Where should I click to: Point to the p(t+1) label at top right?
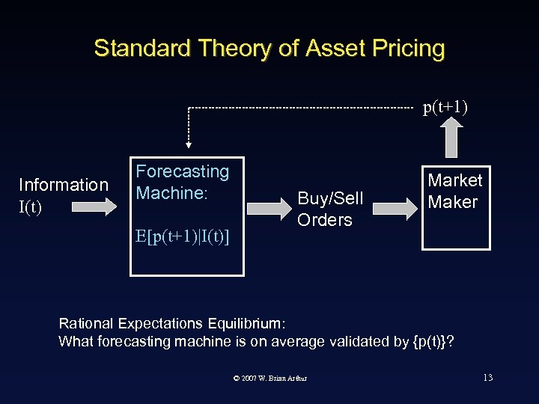pyautogui.click(x=445, y=108)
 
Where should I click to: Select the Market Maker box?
pyautogui.click(x=454, y=207)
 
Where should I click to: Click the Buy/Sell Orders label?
pyautogui.click(x=330, y=209)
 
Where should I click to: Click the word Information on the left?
pyautogui.click(x=64, y=185)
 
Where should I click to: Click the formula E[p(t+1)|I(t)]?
pyautogui.click(x=183, y=237)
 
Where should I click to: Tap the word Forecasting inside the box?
pyautogui.click(x=182, y=171)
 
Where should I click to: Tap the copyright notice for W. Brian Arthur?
pyautogui.click(x=270, y=378)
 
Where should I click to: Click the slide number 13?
pyautogui.click(x=487, y=377)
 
